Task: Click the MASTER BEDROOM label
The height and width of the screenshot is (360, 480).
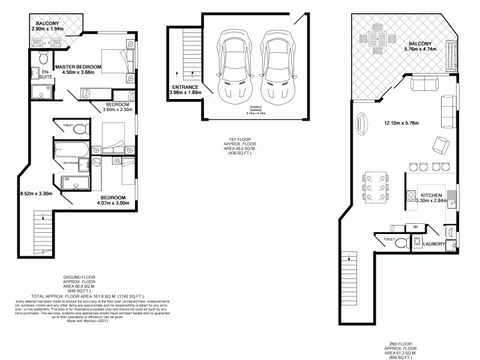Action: coord(78,67)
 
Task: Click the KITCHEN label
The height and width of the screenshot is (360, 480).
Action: coord(431,196)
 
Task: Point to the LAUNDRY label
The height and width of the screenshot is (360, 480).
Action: coord(433,244)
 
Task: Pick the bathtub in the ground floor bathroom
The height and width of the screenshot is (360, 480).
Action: coord(71,149)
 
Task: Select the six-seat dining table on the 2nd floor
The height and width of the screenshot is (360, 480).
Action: coord(376,190)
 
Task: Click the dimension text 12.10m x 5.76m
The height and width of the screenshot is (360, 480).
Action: coord(400,124)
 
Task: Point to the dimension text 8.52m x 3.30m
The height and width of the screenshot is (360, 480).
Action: coord(36,194)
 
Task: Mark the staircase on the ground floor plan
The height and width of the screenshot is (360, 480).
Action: coord(42,231)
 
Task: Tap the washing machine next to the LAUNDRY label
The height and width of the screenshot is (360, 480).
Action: coord(416,242)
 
